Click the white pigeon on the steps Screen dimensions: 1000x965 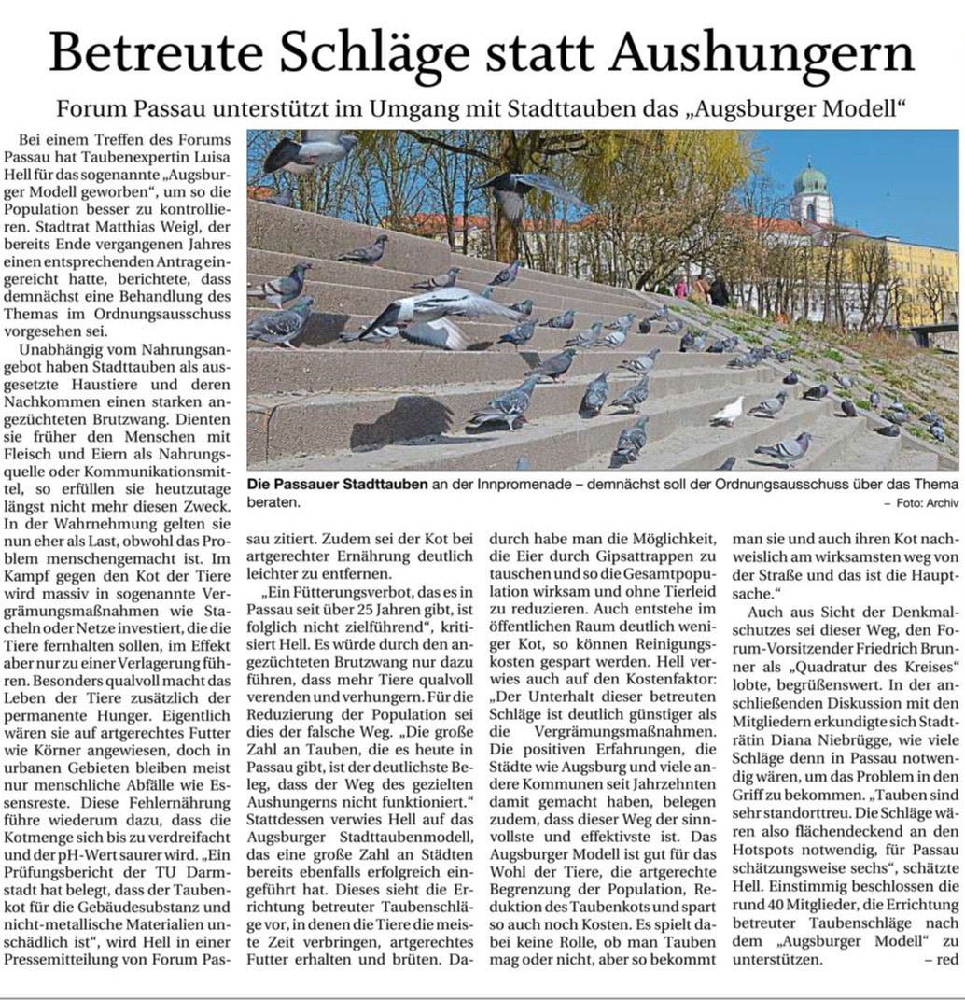point(728,410)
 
